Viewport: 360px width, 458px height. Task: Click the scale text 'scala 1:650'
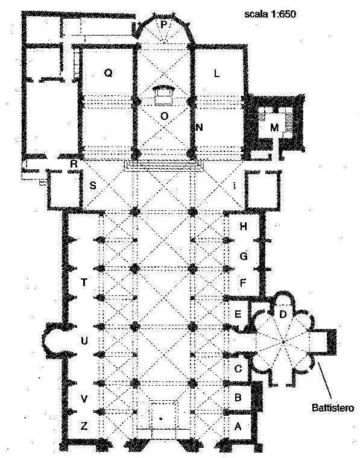click(x=270, y=14)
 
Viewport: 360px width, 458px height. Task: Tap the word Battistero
click(x=333, y=407)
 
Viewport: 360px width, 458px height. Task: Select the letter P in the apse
click(x=163, y=25)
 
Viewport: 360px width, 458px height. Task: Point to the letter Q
click(x=108, y=73)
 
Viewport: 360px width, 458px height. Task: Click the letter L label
click(x=216, y=74)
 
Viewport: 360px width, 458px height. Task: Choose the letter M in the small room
click(x=274, y=127)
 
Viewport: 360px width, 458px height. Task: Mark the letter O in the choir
click(x=165, y=116)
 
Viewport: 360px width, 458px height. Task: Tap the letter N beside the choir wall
click(x=199, y=127)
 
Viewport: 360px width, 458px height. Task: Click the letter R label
click(x=74, y=164)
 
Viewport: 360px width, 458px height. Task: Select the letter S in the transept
click(x=93, y=185)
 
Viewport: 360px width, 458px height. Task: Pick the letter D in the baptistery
click(x=283, y=315)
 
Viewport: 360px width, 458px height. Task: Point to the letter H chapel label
click(x=243, y=226)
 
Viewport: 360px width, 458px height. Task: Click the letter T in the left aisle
click(x=84, y=282)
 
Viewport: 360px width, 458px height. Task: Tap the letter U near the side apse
click(x=84, y=340)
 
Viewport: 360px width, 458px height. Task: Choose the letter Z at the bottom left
click(x=84, y=426)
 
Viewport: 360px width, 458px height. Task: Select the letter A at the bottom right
click(x=238, y=427)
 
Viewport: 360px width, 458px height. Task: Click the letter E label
click(x=238, y=314)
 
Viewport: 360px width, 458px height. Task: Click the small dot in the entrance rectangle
click(x=161, y=419)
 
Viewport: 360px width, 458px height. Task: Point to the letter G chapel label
click(x=244, y=256)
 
